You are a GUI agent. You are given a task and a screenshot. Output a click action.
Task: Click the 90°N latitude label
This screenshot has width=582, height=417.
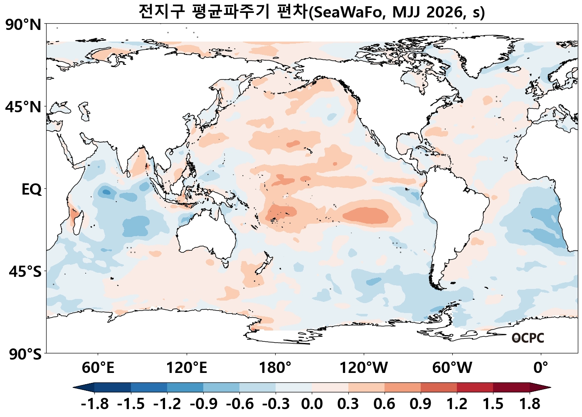[x=23, y=25]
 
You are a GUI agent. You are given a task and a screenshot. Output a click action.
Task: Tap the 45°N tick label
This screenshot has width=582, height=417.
[x=23, y=107]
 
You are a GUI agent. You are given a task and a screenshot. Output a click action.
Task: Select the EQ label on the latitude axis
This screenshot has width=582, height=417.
[x=32, y=190]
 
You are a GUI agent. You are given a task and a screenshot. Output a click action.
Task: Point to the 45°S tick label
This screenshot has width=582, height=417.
[x=25, y=272]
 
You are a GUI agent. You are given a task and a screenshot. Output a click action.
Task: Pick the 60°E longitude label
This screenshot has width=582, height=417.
[x=98, y=368]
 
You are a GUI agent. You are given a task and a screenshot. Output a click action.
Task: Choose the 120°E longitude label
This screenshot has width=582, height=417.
[x=187, y=368]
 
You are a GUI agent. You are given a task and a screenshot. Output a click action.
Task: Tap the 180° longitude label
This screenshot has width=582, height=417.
[x=275, y=368]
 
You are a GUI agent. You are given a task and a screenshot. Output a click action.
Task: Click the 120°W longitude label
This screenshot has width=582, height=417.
[x=364, y=368]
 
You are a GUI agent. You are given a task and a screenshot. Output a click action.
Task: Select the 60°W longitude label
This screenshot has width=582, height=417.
[x=452, y=368]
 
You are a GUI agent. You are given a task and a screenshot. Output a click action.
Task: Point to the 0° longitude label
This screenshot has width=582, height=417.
[x=541, y=368]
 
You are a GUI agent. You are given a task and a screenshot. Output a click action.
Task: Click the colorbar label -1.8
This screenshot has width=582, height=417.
[x=95, y=404]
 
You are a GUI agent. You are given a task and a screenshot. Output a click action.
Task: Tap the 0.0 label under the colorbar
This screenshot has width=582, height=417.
[x=312, y=404]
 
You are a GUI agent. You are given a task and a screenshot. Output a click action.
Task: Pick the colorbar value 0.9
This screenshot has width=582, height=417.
[x=421, y=404]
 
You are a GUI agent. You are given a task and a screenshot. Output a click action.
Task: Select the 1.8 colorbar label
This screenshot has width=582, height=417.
[x=530, y=404]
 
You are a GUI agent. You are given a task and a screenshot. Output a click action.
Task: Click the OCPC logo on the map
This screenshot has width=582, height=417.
[x=528, y=338]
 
